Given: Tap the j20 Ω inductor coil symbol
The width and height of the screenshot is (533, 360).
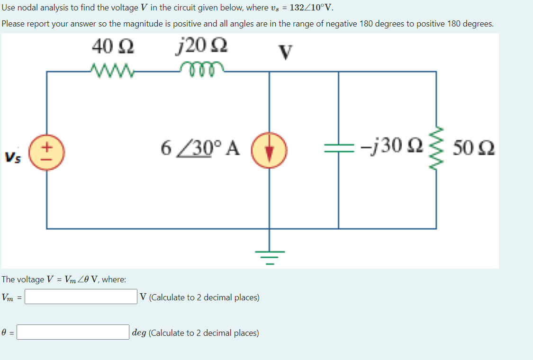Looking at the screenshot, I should pyautogui.click(x=199, y=70).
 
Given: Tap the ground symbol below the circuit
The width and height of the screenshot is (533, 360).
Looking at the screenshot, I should pyautogui.click(x=270, y=256).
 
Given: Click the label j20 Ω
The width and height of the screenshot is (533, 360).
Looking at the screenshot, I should pyautogui.click(x=200, y=47).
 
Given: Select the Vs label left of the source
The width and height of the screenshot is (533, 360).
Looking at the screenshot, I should pyautogui.click(x=13, y=156).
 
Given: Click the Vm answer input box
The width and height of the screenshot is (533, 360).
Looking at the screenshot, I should pyautogui.click(x=81, y=297).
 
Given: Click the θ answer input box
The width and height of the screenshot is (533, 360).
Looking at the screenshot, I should pyautogui.click(x=73, y=332).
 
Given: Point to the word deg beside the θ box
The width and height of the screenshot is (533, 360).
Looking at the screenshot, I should pyautogui.click(x=139, y=333).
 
